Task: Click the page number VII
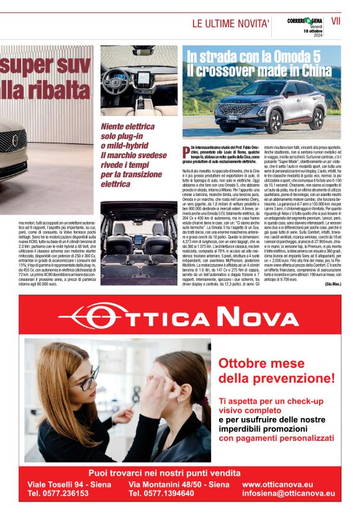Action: [x=336, y=20]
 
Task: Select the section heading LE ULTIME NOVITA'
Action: [x=230, y=24]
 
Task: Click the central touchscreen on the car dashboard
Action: [x=143, y=79]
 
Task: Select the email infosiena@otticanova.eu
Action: [x=288, y=493]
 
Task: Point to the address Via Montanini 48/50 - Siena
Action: [x=179, y=484]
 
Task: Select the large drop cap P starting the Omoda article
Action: [x=186, y=149]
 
